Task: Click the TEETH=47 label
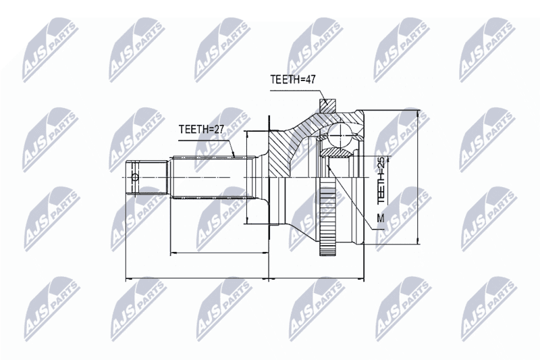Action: tap(293, 79)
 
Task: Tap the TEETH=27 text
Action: tap(201, 129)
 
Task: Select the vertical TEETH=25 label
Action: tap(381, 180)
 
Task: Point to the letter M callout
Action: tap(381, 217)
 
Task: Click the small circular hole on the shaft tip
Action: tap(135, 178)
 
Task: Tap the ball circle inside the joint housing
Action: tap(340, 135)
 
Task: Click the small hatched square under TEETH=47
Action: tap(327, 106)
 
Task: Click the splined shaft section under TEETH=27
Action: tap(214, 178)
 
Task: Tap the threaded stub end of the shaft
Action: tap(147, 178)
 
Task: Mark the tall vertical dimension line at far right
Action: tap(418, 178)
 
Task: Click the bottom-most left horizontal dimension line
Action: tap(197, 278)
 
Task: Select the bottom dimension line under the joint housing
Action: tap(316, 278)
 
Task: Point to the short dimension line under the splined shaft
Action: tap(219, 253)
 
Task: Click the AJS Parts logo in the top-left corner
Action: tap(51, 49)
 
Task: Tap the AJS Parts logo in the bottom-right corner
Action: tap(489, 308)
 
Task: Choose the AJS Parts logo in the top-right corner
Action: tap(487, 49)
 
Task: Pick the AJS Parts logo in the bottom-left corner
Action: tap(52, 308)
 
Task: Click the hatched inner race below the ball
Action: tap(336, 152)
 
